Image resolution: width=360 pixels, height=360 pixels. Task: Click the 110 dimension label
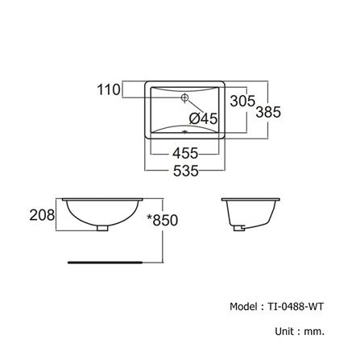click(108, 89)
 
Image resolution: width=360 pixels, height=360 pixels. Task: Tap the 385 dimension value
click(267, 113)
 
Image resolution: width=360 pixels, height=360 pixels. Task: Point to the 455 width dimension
click(184, 153)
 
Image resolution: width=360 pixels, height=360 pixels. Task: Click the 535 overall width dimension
click(184, 170)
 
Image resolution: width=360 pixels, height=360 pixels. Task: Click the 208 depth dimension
click(43, 215)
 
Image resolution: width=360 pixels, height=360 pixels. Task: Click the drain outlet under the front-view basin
click(101, 229)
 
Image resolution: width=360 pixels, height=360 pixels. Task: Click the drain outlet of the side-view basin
click(239, 228)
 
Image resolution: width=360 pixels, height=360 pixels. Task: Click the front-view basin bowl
click(101, 211)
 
